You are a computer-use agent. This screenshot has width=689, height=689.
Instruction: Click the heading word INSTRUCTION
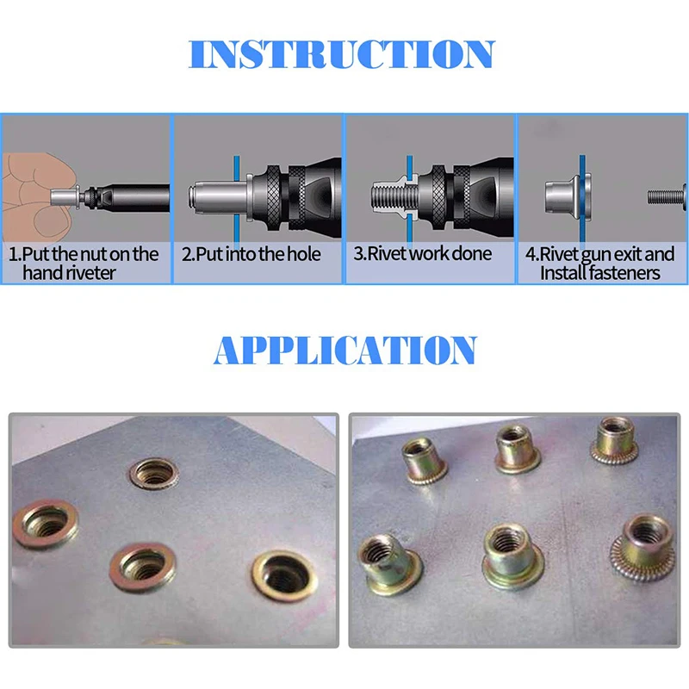[342, 53]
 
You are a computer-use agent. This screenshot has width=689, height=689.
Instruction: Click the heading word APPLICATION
[344, 351]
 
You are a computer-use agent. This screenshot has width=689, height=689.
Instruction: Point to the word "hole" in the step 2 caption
[301, 254]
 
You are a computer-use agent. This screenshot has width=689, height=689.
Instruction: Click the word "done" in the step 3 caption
[473, 254]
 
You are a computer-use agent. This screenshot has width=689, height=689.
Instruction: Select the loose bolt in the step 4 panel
[667, 196]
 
